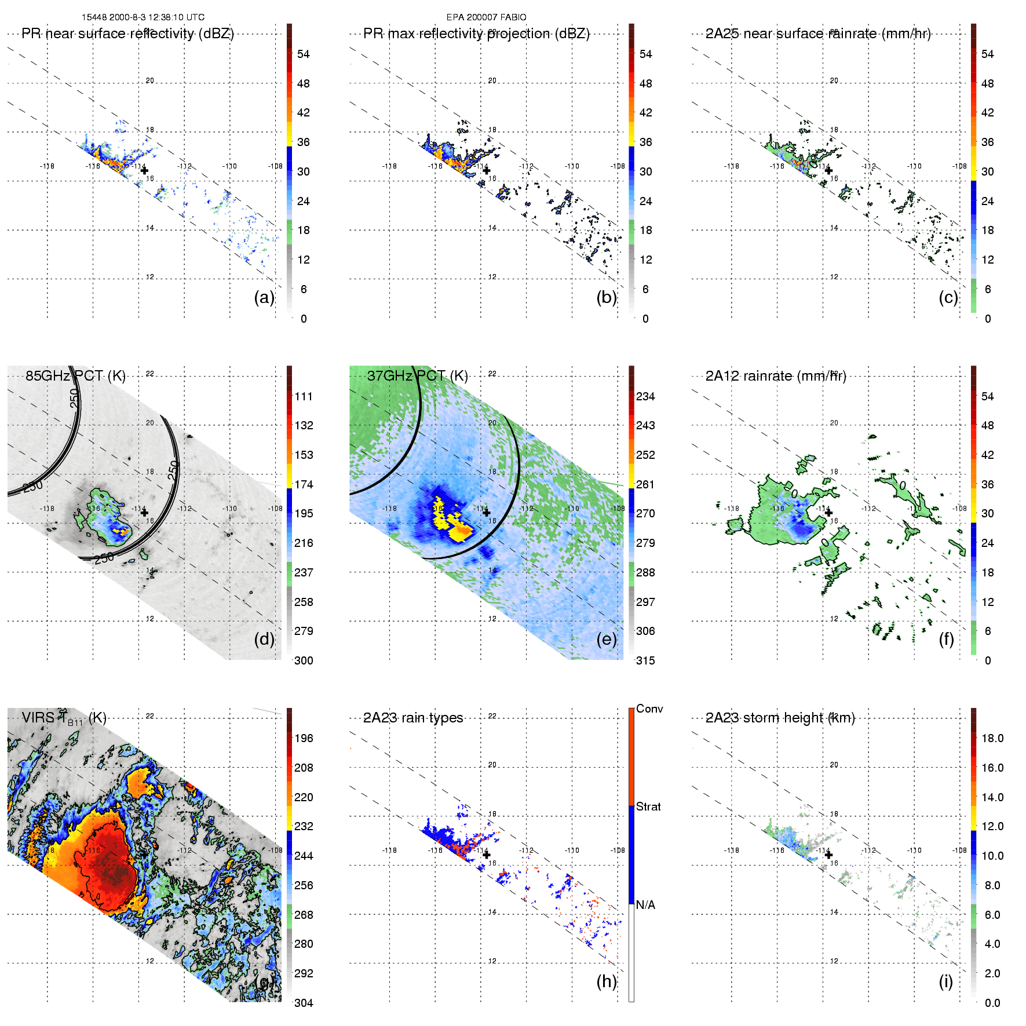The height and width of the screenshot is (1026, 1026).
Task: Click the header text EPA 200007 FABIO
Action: point(486,17)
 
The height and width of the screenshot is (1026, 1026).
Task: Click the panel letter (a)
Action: point(264,297)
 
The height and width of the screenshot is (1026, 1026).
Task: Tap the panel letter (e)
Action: point(607,639)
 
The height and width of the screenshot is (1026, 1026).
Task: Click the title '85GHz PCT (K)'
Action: point(75,375)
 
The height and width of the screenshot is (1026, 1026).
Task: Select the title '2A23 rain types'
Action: point(413,718)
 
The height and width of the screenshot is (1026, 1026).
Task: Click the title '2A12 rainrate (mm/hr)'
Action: point(776,376)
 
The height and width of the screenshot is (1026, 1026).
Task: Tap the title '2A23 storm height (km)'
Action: point(780,718)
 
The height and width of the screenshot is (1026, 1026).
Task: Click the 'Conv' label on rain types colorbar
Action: point(649,709)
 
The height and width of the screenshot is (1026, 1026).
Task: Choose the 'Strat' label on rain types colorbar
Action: point(648,806)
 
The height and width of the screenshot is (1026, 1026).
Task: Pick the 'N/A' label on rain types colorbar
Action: point(645,905)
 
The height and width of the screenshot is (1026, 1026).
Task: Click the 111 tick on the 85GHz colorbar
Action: point(304,396)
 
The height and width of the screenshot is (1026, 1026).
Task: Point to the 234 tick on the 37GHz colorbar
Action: point(645,396)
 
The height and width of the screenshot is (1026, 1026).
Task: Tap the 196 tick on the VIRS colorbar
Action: point(304,738)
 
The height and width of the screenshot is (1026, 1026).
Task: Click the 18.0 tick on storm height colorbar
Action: point(992,738)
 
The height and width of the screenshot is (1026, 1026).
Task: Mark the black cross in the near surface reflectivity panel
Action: point(144,171)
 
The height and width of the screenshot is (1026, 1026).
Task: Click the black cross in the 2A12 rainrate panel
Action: point(828,513)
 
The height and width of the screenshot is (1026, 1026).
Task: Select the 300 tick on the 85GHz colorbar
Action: point(304,660)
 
